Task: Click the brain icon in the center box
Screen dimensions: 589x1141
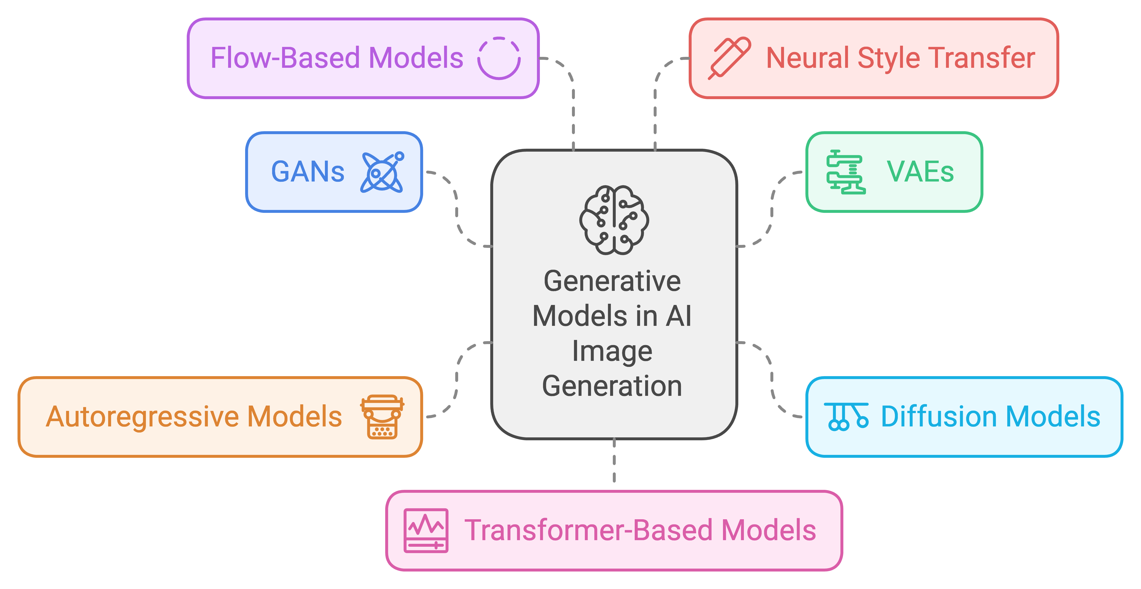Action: click(x=614, y=220)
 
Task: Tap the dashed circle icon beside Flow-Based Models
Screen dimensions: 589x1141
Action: click(x=499, y=58)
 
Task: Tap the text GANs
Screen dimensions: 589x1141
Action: click(x=307, y=172)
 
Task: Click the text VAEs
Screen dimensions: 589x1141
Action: click(x=920, y=172)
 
